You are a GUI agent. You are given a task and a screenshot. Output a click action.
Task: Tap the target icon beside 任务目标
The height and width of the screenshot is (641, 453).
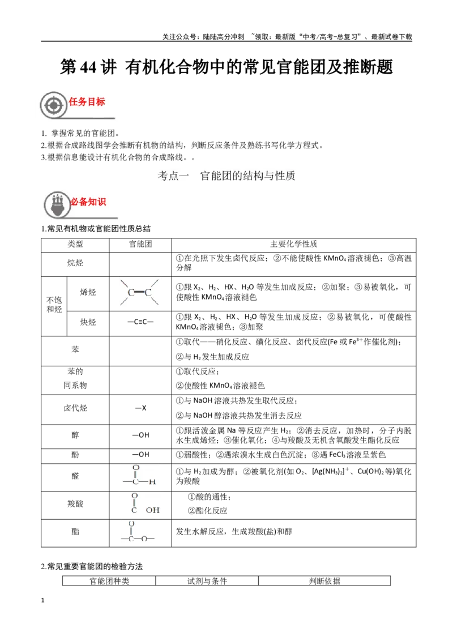pos(54,105)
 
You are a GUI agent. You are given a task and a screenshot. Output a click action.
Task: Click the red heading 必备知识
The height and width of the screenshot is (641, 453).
pos(88,202)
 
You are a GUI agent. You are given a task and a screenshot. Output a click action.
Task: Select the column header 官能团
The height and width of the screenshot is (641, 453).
pos(140,244)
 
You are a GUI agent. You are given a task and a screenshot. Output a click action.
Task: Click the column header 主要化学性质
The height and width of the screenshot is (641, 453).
pos(293,244)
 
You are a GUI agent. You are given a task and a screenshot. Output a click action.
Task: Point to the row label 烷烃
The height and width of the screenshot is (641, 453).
pos(75,263)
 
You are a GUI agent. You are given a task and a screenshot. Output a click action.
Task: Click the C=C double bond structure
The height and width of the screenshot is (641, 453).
pos(139,292)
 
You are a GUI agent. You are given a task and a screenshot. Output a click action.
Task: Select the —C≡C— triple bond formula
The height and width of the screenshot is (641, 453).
pos(140,322)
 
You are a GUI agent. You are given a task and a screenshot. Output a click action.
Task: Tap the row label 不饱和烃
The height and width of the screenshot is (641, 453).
pos(54,305)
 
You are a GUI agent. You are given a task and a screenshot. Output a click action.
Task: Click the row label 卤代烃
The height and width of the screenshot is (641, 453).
pos(75,408)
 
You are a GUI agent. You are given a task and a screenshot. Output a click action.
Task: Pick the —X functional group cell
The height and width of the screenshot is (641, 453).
pos(140,408)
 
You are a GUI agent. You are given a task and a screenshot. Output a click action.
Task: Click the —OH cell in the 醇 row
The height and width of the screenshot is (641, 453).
pos(140,435)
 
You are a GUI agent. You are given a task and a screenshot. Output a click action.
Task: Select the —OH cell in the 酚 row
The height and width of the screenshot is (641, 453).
pos(140,455)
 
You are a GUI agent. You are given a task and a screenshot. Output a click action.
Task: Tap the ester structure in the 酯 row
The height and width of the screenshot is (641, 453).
pos(138,532)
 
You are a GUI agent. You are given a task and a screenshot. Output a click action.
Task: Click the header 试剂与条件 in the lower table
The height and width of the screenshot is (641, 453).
pos(207,581)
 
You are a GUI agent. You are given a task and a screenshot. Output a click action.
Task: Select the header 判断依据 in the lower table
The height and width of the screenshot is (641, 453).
pos(324,581)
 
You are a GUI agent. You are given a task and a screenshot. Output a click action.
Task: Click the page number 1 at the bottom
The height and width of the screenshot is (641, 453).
pos(42,601)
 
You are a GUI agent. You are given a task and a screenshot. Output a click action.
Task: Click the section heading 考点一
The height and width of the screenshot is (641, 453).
pos(173,176)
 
